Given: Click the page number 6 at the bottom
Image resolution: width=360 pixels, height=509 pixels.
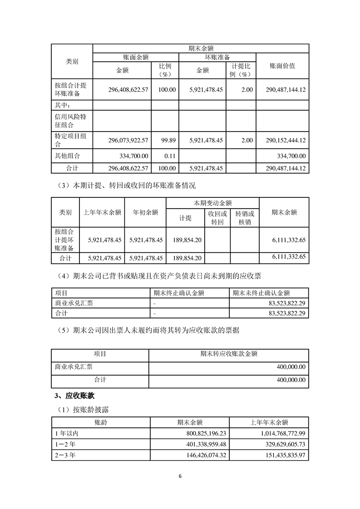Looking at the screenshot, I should coord(180,476).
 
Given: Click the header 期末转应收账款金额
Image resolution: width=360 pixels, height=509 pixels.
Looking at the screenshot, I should coord(229,354).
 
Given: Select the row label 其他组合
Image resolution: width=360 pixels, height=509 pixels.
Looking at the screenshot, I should coord(67,156).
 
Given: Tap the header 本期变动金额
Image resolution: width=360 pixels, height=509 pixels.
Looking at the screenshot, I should coord(213,202).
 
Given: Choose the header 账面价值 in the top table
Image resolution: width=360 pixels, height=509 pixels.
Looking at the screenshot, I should coord(282,66).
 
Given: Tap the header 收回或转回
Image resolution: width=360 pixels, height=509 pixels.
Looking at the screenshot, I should coord(217,218).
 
